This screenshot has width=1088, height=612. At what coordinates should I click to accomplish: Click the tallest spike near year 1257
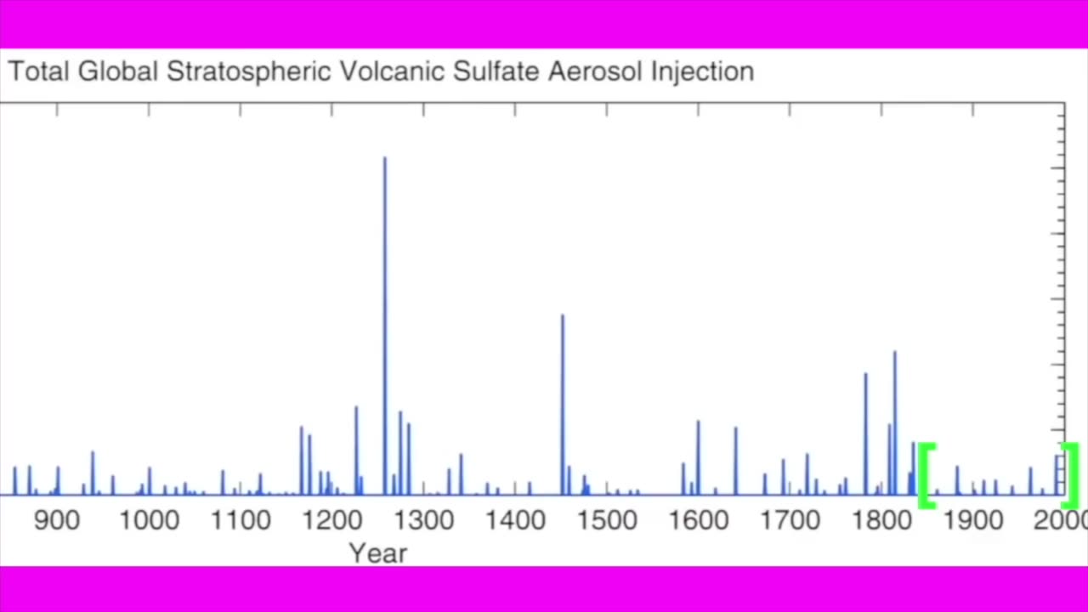pos(384,323)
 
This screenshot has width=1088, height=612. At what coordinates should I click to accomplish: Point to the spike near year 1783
pos(865,433)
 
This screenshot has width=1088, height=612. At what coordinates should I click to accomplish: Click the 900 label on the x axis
pos(57,519)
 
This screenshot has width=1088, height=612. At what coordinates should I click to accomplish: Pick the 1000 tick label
pos(149,519)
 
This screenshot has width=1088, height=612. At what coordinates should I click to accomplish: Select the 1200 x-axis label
pos(331,519)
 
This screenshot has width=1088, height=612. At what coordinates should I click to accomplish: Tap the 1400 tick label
pos(514,519)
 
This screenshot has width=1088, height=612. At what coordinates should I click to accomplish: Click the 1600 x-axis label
pos(698,519)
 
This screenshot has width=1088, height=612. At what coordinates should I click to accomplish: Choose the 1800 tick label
pos(881,519)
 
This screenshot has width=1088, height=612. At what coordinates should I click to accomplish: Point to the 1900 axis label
pos(972,519)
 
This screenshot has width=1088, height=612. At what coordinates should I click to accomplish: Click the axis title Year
pos(378,553)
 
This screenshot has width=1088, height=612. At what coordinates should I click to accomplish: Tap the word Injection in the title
pos(702,72)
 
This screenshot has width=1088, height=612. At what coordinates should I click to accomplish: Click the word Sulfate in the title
pos(496,71)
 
